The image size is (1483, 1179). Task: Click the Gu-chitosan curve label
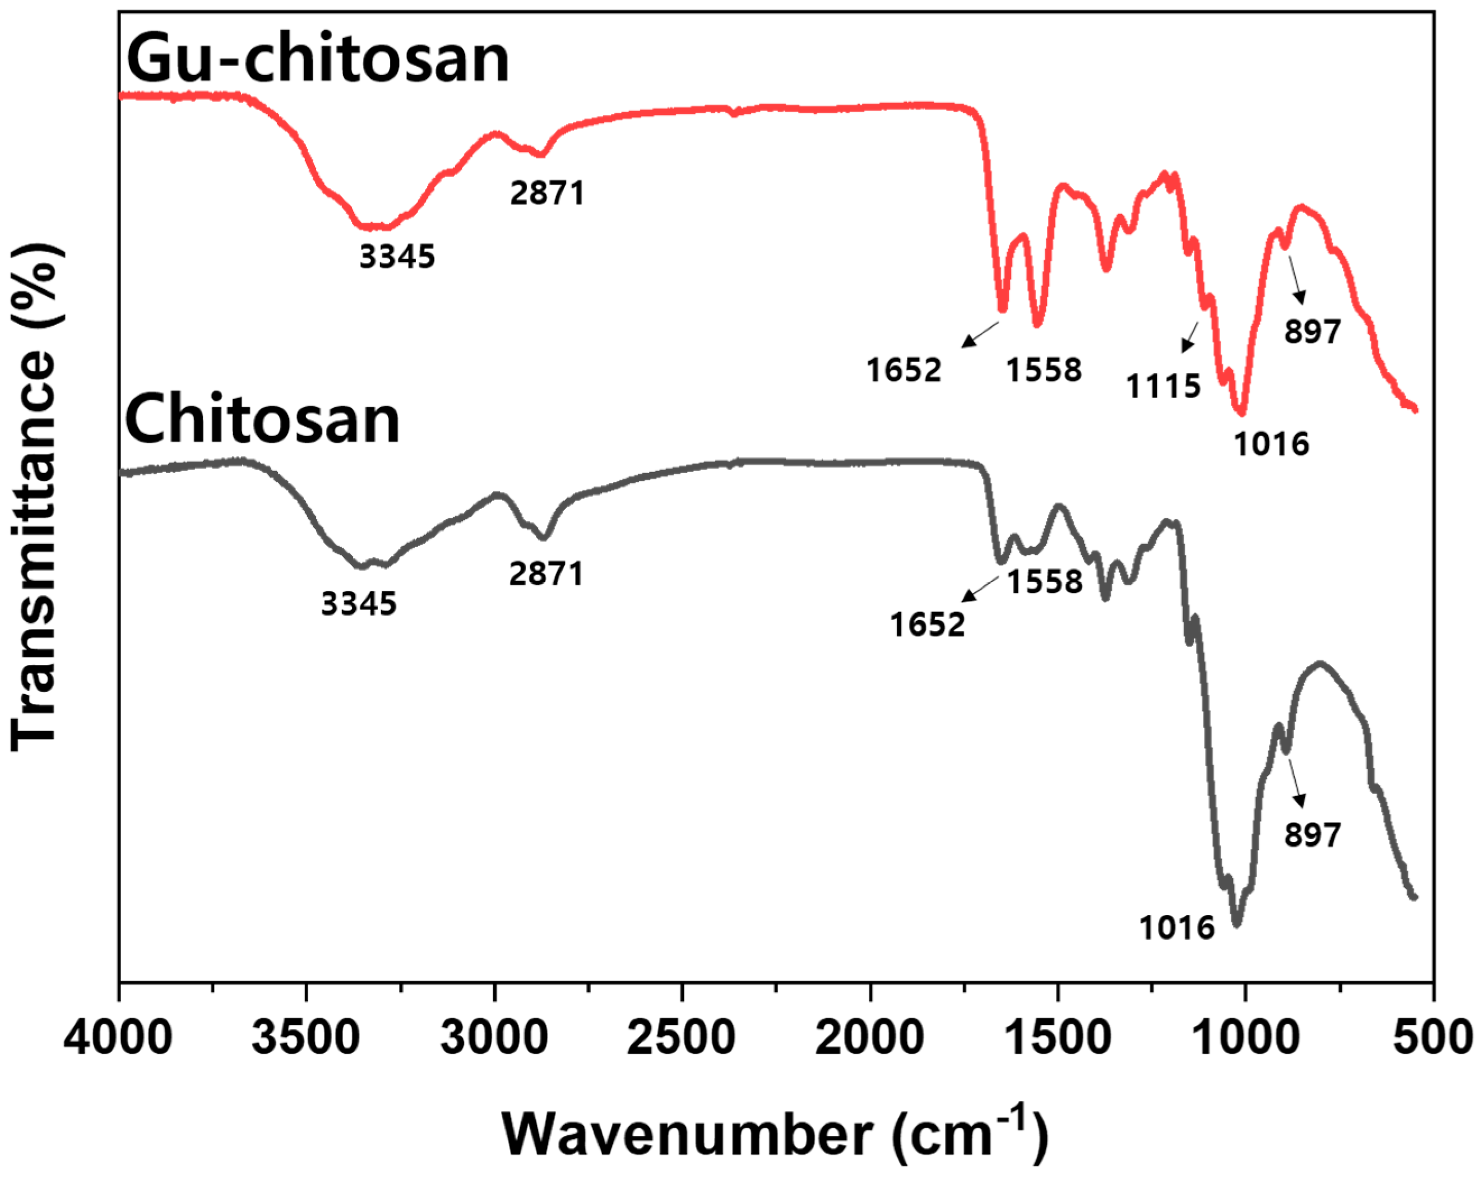[x=317, y=61]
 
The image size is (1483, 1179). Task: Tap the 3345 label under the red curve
[x=397, y=257]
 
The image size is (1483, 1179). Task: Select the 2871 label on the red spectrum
[x=547, y=193]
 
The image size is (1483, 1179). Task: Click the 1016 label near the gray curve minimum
[x=1177, y=928]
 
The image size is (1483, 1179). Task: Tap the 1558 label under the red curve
[x=1044, y=371]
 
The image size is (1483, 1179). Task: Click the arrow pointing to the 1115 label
[x=1190, y=337]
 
